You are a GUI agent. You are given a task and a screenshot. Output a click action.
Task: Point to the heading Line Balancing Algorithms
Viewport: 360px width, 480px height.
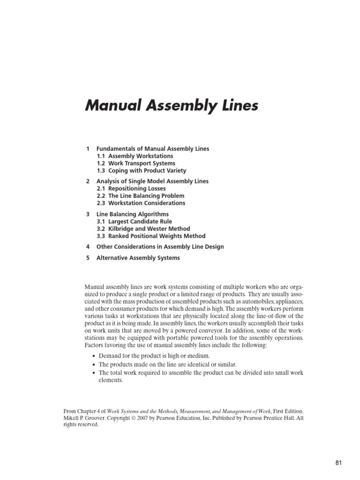[x=132, y=214]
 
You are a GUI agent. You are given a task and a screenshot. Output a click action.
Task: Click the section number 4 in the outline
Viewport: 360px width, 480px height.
[x=88, y=247]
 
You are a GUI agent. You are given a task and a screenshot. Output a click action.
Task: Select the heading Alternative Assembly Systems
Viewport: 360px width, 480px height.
[x=138, y=258]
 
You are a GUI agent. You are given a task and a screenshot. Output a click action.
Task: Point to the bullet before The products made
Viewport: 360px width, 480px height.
[x=94, y=365]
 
